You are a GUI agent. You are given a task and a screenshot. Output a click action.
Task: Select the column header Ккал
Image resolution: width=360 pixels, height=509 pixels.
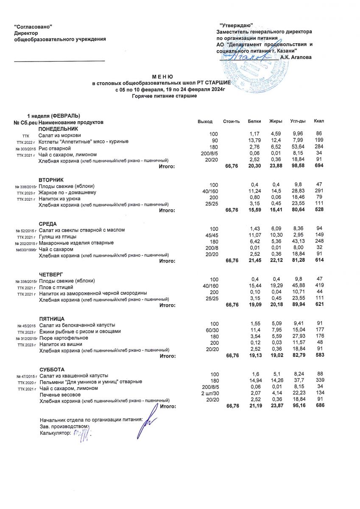(319, 122)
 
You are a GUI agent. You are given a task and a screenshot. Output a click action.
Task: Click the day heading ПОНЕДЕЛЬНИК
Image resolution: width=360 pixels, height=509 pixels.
(59, 129)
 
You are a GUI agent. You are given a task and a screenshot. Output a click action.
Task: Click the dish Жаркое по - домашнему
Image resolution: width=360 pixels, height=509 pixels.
(67, 193)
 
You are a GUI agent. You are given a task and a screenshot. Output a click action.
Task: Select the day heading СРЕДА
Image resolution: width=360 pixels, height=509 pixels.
(48, 224)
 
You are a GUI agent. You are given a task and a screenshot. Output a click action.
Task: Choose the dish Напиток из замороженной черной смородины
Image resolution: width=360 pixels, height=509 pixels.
(93, 293)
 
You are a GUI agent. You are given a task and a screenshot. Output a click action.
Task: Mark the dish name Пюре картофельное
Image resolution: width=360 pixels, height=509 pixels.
(64, 338)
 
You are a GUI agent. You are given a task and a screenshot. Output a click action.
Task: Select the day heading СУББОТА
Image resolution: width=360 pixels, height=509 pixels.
(52, 369)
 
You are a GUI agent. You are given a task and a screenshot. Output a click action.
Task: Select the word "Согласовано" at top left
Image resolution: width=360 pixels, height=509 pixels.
(33, 27)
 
